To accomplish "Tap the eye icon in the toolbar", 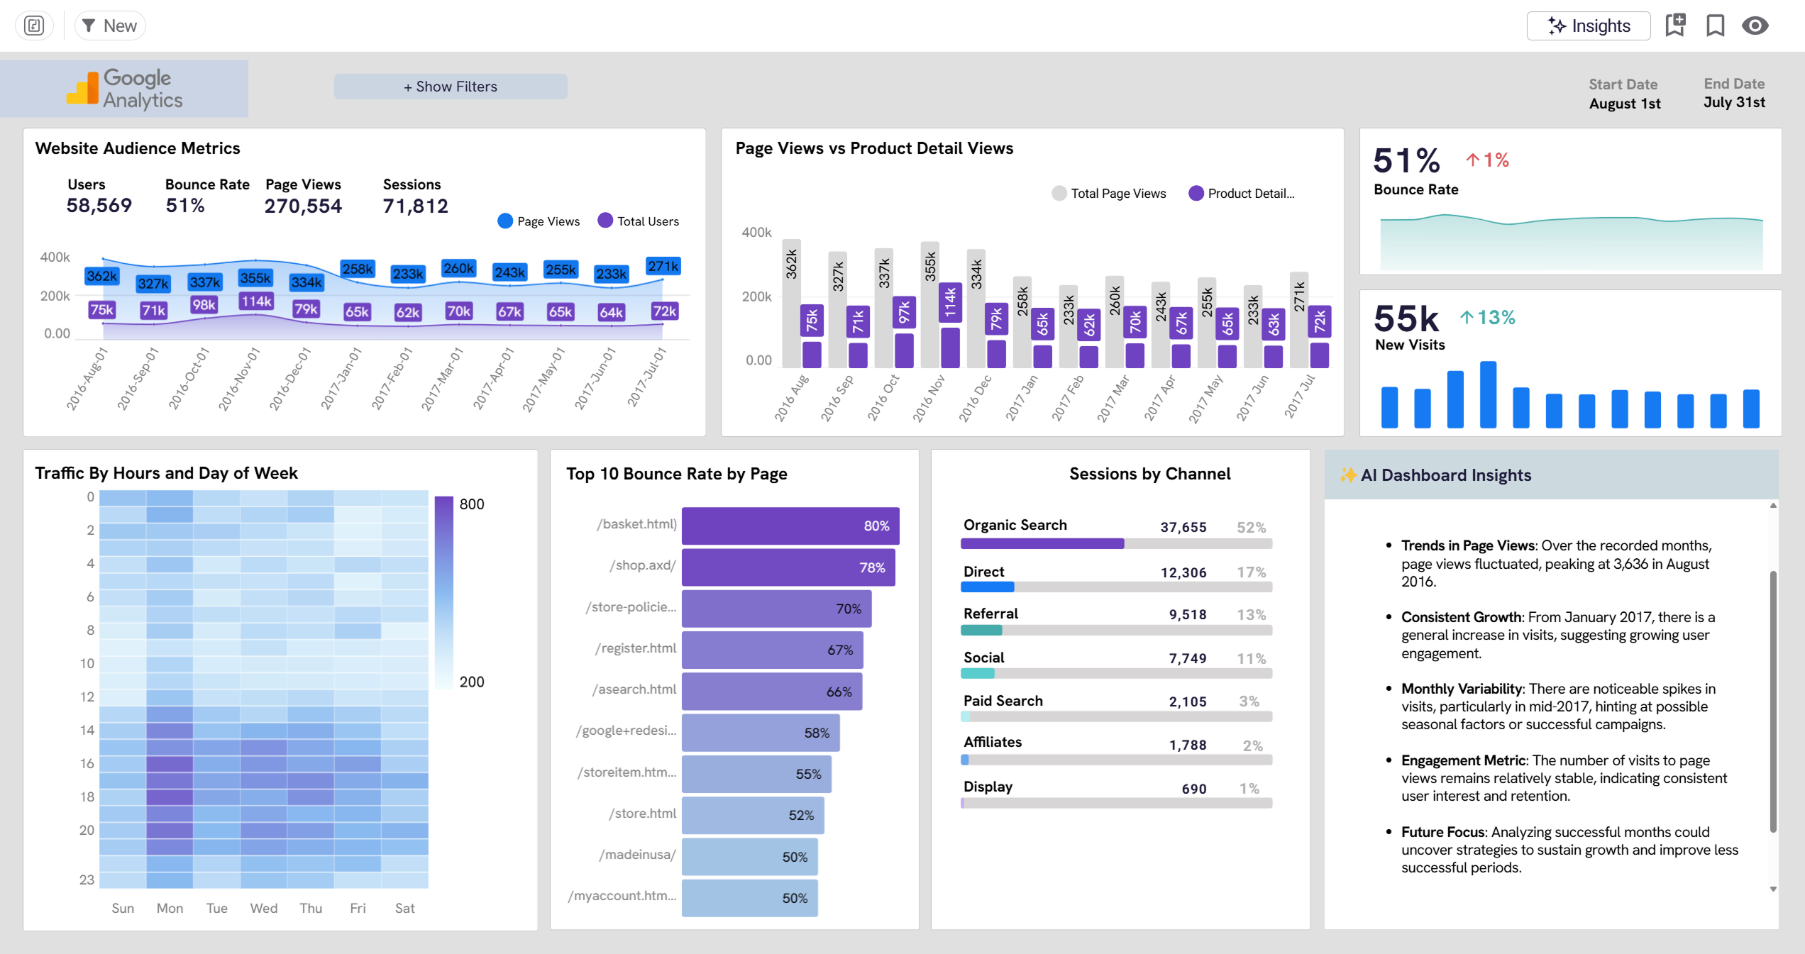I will (1755, 26).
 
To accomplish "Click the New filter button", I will (110, 26).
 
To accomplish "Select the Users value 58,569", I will (99, 206).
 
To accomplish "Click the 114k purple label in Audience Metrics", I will (256, 301).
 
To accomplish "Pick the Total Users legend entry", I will (639, 221).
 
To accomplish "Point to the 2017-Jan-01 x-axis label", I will (341, 378).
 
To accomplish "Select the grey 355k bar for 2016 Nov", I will (929, 305).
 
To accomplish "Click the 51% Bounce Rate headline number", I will (1406, 160).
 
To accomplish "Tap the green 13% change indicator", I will (1488, 318).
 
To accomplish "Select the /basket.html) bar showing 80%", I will (790, 526).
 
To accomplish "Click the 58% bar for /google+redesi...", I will (760, 733).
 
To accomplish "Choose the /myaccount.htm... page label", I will (622, 896).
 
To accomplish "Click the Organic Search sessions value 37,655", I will (1183, 527).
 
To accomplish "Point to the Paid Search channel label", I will (1003, 701).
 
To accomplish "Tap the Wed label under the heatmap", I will (263, 908).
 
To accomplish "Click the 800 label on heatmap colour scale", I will (472, 504).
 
